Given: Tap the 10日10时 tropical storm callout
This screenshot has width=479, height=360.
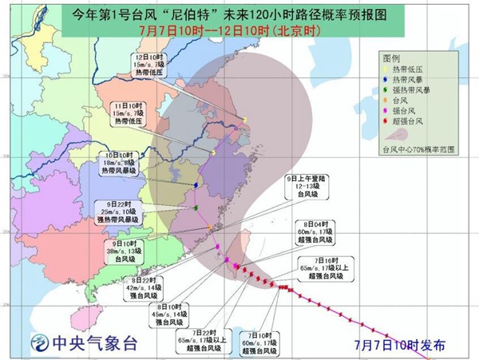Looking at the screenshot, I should (121, 162).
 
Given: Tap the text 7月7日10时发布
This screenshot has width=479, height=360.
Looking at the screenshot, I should (410, 345).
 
